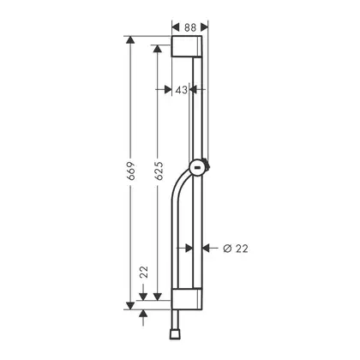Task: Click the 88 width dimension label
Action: tap(190, 27)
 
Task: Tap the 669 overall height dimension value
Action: tap(130, 171)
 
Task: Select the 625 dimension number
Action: tap(159, 171)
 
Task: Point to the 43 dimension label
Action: tap(182, 90)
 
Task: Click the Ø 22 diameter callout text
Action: tap(236, 249)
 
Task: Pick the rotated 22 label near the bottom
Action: tap(144, 272)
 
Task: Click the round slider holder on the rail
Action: tap(199, 168)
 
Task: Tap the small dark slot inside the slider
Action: tap(197, 168)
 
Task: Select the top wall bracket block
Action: tap(187, 46)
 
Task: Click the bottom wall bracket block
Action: tap(187, 299)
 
